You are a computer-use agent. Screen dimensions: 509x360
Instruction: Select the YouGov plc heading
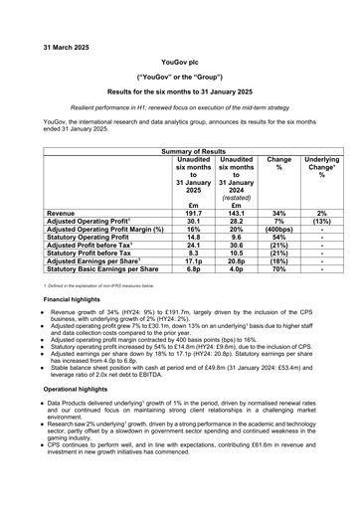point(179,61)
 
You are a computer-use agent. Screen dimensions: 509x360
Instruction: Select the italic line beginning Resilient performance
point(179,104)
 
